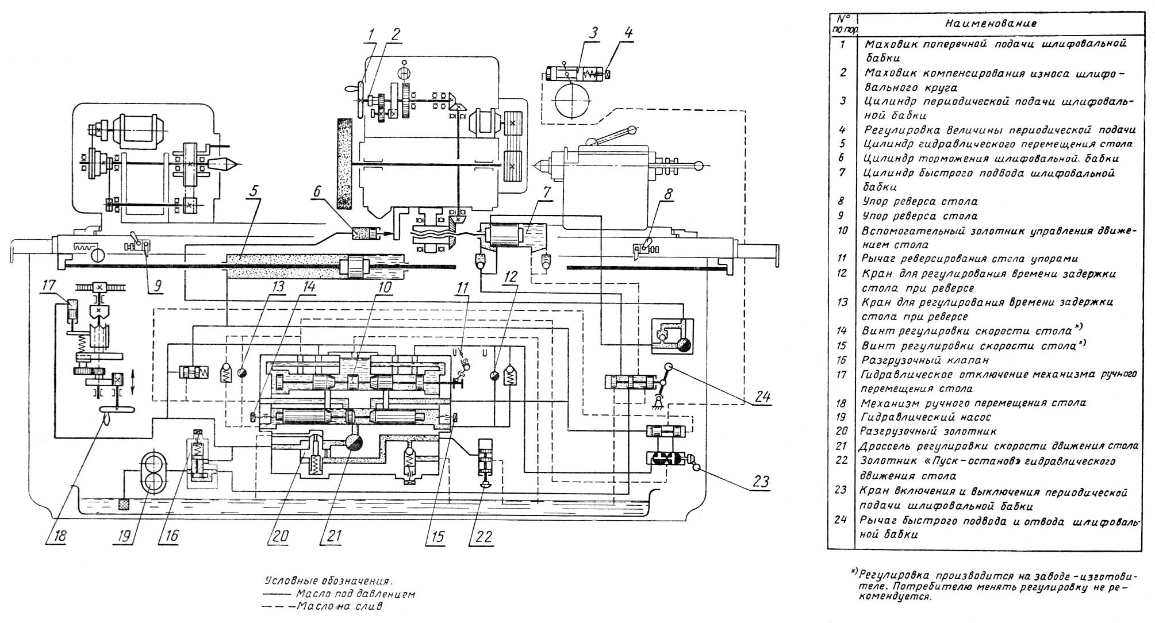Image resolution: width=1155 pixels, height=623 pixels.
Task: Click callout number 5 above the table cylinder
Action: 254,190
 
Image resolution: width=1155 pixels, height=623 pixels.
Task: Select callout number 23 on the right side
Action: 760,481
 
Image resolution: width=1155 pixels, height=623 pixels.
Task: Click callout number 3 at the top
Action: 592,33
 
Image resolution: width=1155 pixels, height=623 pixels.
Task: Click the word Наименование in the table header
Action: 991,24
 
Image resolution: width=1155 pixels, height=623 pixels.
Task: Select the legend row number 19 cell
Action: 843,417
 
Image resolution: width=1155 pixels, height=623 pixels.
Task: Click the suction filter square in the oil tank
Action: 123,505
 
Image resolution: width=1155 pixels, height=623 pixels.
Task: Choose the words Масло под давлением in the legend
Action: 355,594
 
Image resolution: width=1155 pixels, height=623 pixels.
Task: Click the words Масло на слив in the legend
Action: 339,606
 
